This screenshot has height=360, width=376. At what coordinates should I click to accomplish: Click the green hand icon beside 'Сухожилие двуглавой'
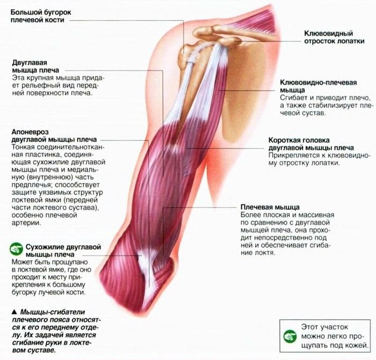17,249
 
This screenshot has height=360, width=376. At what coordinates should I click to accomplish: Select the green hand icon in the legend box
290,335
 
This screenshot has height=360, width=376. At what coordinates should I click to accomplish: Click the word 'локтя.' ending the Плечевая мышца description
265,253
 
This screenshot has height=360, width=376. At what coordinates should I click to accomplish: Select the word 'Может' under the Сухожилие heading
23,261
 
